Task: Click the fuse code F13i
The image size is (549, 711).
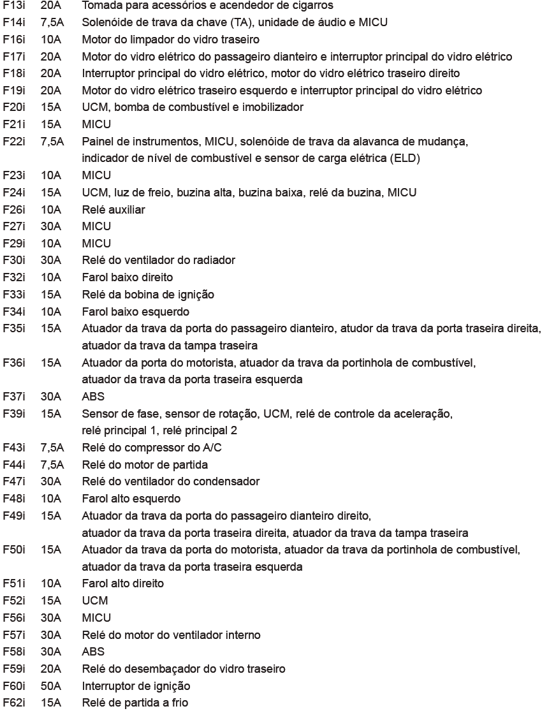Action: click(14, 5)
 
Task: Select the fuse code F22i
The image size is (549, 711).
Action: click(14, 141)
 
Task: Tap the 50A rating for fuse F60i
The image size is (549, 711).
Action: click(51, 686)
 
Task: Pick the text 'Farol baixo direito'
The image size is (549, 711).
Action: click(127, 277)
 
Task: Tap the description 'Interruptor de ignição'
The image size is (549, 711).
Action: click(136, 686)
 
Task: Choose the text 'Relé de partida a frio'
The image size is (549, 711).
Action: click(135, 703)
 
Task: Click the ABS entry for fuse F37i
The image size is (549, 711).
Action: click(93, 396)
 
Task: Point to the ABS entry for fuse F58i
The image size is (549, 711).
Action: click(93, 652)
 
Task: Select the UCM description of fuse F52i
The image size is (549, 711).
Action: click(95, 601)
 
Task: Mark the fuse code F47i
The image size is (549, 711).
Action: click(14, 481)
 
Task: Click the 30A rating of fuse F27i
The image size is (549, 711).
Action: click(51, 226)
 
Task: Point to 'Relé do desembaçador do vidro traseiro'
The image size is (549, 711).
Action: click(184, 669)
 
